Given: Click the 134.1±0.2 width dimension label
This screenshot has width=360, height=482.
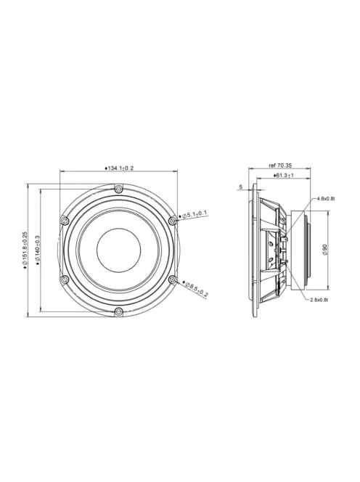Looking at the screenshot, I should tap(120, 168).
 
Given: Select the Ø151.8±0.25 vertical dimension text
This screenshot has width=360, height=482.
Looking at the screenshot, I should tap(25, 250).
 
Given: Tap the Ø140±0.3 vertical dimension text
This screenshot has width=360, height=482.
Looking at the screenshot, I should tap(37, 250).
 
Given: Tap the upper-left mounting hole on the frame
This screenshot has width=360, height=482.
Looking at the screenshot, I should tap(65, 219).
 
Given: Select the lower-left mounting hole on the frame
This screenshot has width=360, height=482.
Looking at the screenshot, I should tap(65, 280).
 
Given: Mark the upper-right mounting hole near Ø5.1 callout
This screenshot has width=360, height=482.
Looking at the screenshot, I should tap(172, 219).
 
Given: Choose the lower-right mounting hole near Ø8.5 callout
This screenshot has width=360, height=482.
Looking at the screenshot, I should tap(172, 280).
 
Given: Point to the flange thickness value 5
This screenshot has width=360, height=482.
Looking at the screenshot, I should tap(240, 187).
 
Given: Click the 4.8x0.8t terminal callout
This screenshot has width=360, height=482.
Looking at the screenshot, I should tap(324, 198).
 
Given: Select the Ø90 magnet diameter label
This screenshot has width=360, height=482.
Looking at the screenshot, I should tap(324, 250).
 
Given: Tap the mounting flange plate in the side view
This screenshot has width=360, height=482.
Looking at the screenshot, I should tap(253, 250).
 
